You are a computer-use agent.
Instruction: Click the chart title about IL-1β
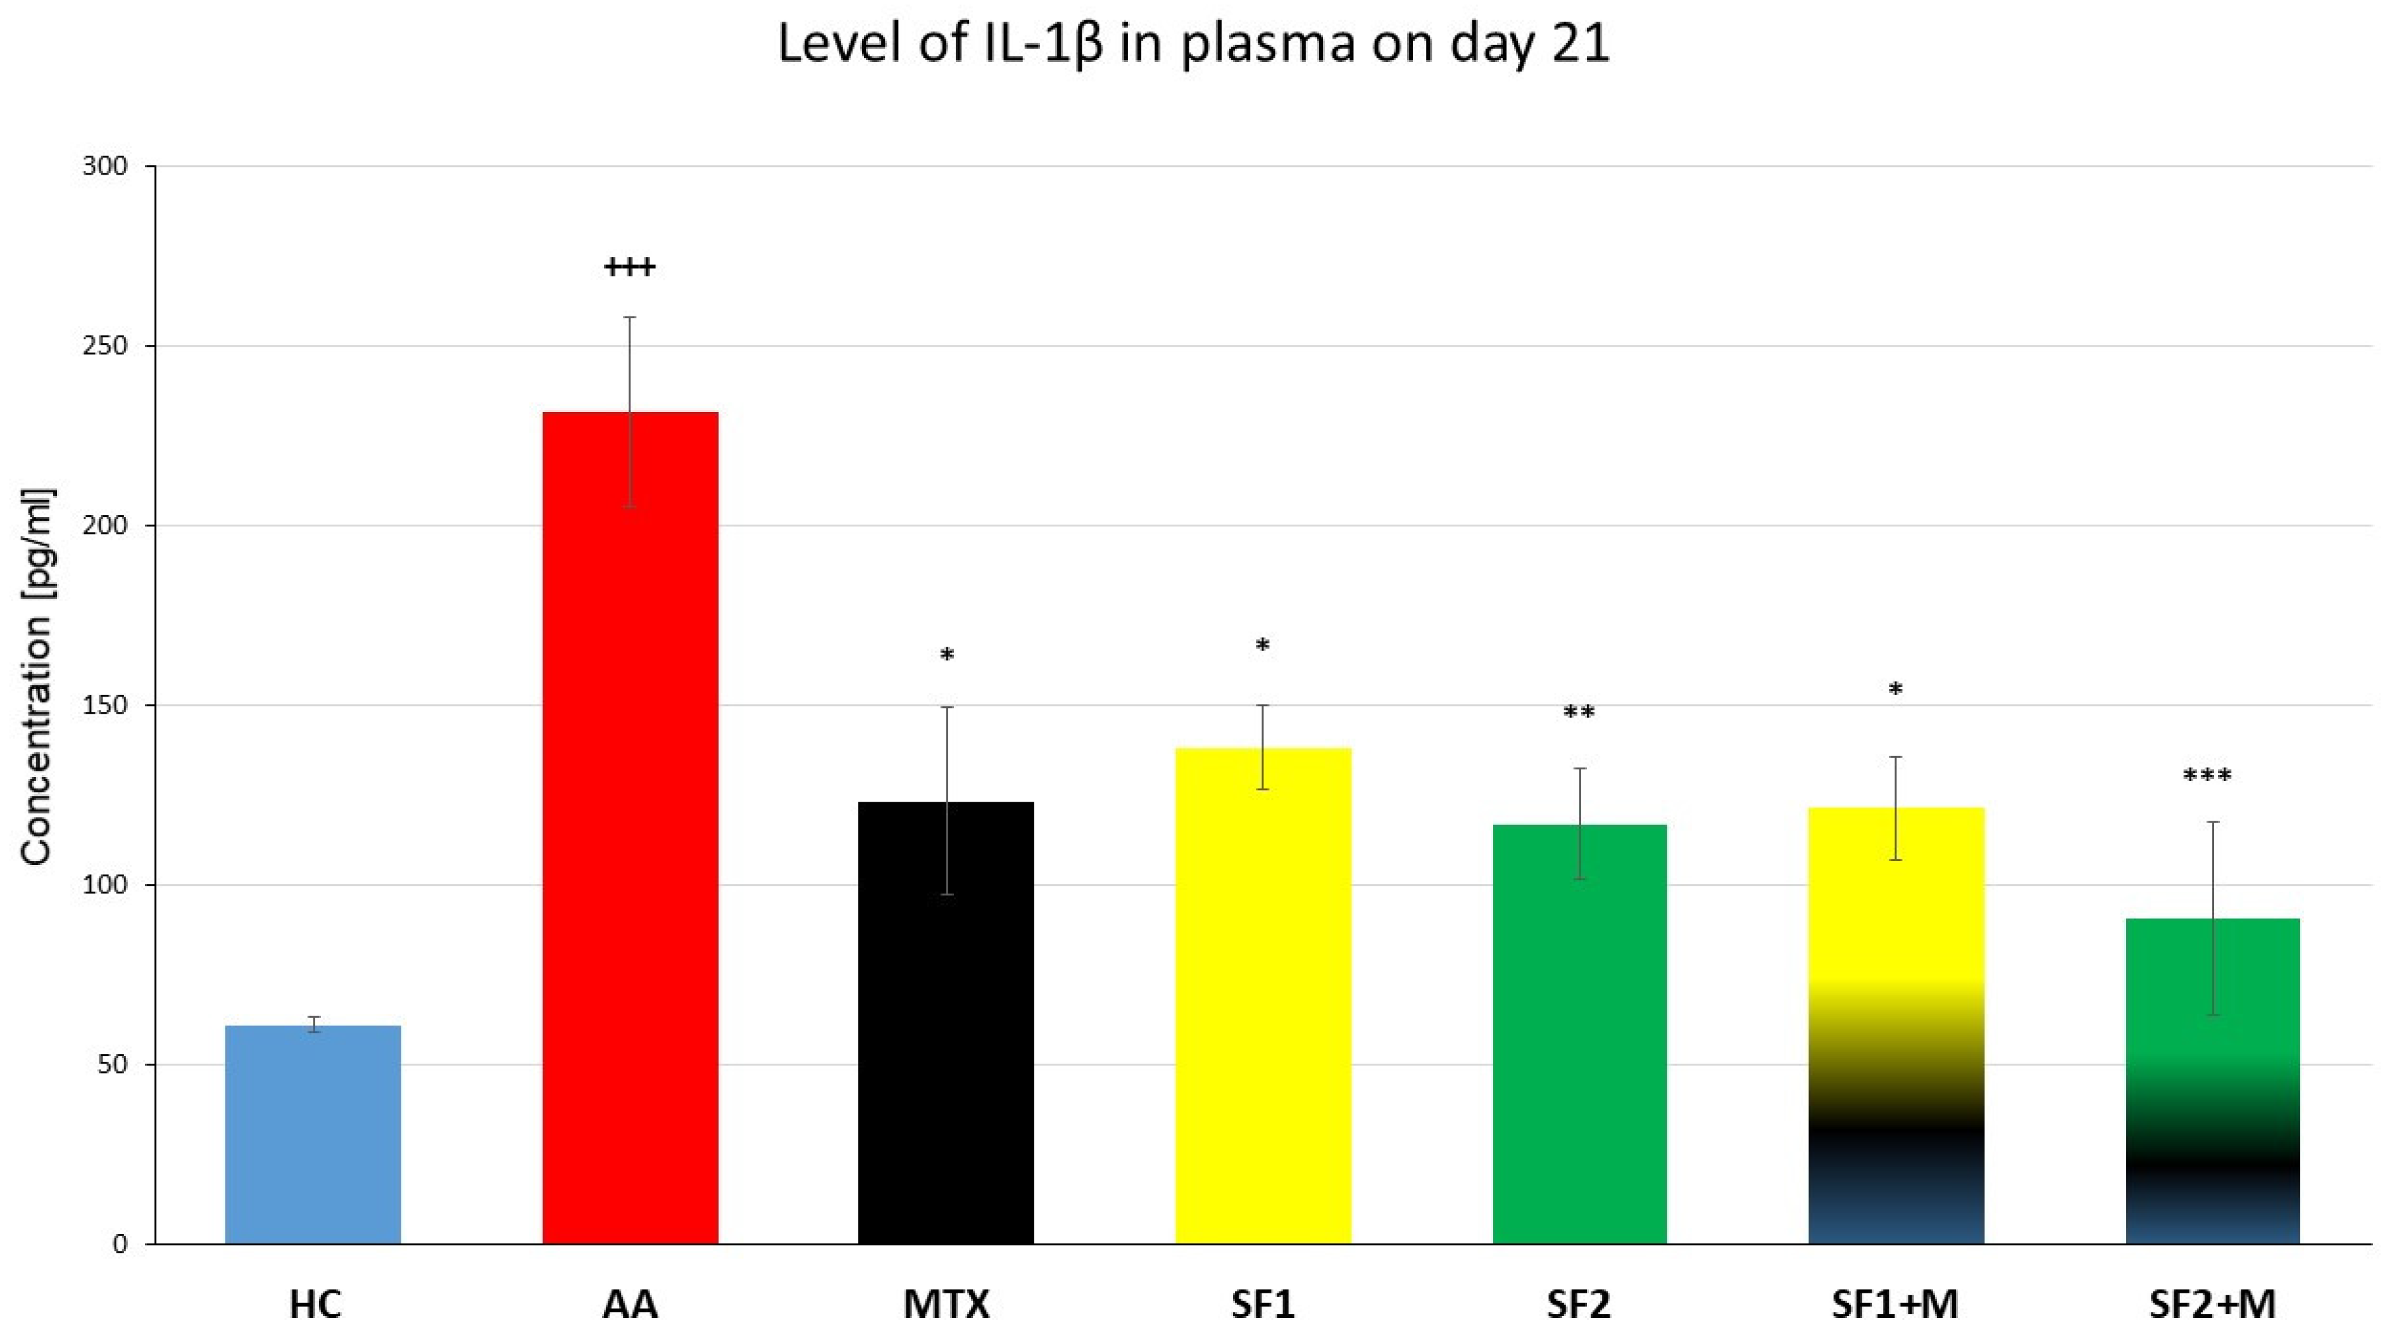pos(1193,45)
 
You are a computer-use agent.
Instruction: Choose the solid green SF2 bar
pos(1579,1033)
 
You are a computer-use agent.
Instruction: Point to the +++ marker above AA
pos(630,268)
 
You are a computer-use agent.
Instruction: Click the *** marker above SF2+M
pos(2207,776)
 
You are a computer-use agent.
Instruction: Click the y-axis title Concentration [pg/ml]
pos(37,677)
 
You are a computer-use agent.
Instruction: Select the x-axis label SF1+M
pos(1895,1304)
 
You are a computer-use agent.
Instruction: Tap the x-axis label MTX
pos(945,1304)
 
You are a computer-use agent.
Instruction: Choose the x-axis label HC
pos(315,1304)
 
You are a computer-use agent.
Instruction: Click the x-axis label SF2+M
pos(2212,1304)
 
